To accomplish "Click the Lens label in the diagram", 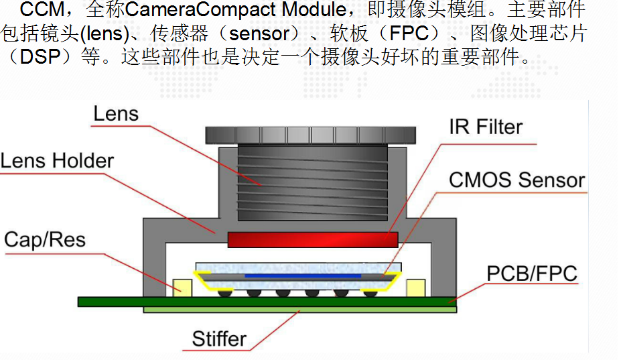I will click(x=116, y=114).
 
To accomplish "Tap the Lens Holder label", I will click(x=57, y=161).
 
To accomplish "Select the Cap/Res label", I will click(x=45, y=239).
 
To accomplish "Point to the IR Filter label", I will click(x=486, y=127).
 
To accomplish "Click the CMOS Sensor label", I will click(x=516, y=180).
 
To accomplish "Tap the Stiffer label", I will click(x=219, y=339).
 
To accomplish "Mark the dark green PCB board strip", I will click(x=268, y=302).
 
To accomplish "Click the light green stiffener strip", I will click(x=301, y=310).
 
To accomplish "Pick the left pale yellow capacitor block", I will click(x=182, y=288).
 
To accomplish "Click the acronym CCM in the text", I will click(x=43, y=11).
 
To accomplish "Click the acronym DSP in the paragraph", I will click(x=40, y=57).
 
